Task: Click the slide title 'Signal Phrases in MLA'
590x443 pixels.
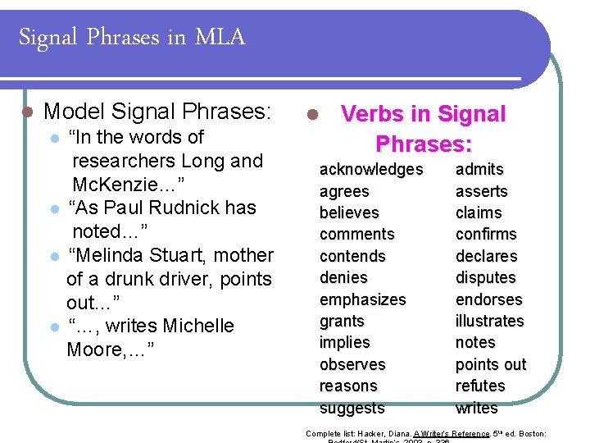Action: [131, 37]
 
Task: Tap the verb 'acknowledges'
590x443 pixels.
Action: [371, 170]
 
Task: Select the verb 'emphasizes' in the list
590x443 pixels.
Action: [362, 299]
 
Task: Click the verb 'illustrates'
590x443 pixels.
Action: [489, 321]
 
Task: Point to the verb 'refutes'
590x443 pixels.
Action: [480, 386]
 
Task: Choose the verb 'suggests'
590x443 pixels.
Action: [352, 408]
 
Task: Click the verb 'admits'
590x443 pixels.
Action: [479, 170]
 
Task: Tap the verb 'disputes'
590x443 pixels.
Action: [485, 277]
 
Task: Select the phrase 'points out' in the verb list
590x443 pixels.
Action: [491, 364]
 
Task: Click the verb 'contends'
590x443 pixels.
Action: [352, 256]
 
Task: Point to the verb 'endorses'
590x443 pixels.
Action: [488, 299]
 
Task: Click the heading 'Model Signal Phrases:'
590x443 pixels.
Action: [157, 111]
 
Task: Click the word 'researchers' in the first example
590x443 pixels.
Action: [124, 161]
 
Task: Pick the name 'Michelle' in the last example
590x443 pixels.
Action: [198, 326]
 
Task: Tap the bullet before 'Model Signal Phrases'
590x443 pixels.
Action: [26, 112]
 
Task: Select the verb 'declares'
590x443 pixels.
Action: [486, 256]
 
